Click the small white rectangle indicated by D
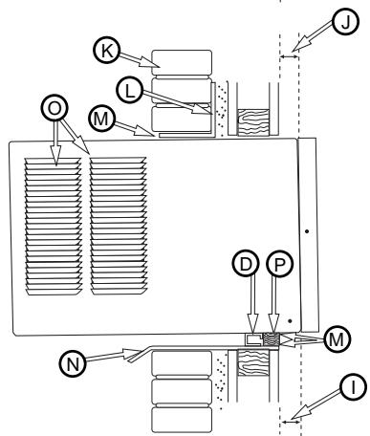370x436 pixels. (x=253, y=338)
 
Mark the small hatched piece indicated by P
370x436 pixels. (x=274, y=338)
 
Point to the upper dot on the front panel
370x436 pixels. (x=305, y=231)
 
